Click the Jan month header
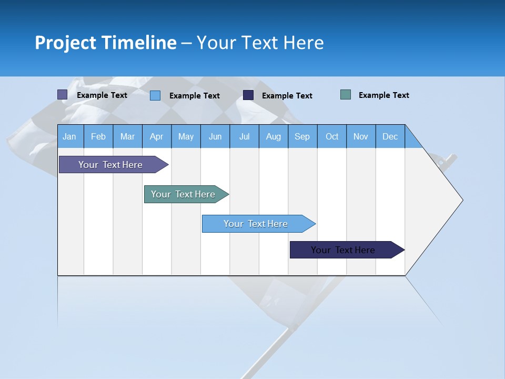pos(70,136)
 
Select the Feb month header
pos(98,136)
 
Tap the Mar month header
pos(127,136)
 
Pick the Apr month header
pos(156,136)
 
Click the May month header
pos(186,136)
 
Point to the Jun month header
pos(215,136)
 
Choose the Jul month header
pos(244,136)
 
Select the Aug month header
pos(273,136)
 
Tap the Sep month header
pos(302,136)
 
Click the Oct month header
pos(332,136)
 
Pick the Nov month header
pos(361,136)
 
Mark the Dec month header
pos(390,136)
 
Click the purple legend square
pos(63,95)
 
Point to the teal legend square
pos(346,95)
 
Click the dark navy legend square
pos(248,95)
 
